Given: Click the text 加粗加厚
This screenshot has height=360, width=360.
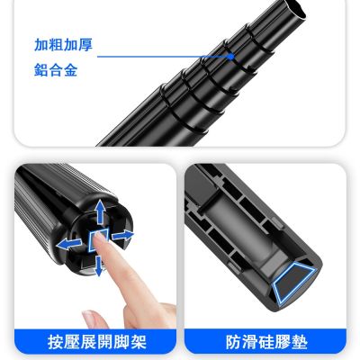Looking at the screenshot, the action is (x=63, y=45).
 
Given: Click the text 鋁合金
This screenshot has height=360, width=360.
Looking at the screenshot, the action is (x=56, y=70).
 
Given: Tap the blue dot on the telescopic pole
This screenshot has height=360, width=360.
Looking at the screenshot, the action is (x=230, y=56).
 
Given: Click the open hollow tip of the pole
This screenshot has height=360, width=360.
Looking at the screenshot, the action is (x=294, y=8).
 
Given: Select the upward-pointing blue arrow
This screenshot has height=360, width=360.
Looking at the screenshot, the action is (x=101, y=211).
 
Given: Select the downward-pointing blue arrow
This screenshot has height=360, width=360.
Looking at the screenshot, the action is (x=99, y=265).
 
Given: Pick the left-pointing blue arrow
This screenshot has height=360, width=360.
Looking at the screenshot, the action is (x=69, y=244).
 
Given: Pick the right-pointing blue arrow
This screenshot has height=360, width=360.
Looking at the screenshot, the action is (x=122, y=236).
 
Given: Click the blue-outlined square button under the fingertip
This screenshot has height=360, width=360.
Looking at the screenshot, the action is (x=98, y=240).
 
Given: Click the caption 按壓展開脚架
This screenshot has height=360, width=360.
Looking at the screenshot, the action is (x=97, y=342).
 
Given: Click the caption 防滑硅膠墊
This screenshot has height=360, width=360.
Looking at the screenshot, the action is (x=266, y=342).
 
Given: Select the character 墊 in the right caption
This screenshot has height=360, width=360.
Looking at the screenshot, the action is (x=300, y=342).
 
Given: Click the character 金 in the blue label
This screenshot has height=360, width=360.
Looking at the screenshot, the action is (x=70, y=70).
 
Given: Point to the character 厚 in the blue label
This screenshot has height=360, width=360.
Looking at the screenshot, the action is (x=85, y=45).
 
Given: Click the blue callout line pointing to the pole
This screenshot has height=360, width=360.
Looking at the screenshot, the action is (x=164, y=56).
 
